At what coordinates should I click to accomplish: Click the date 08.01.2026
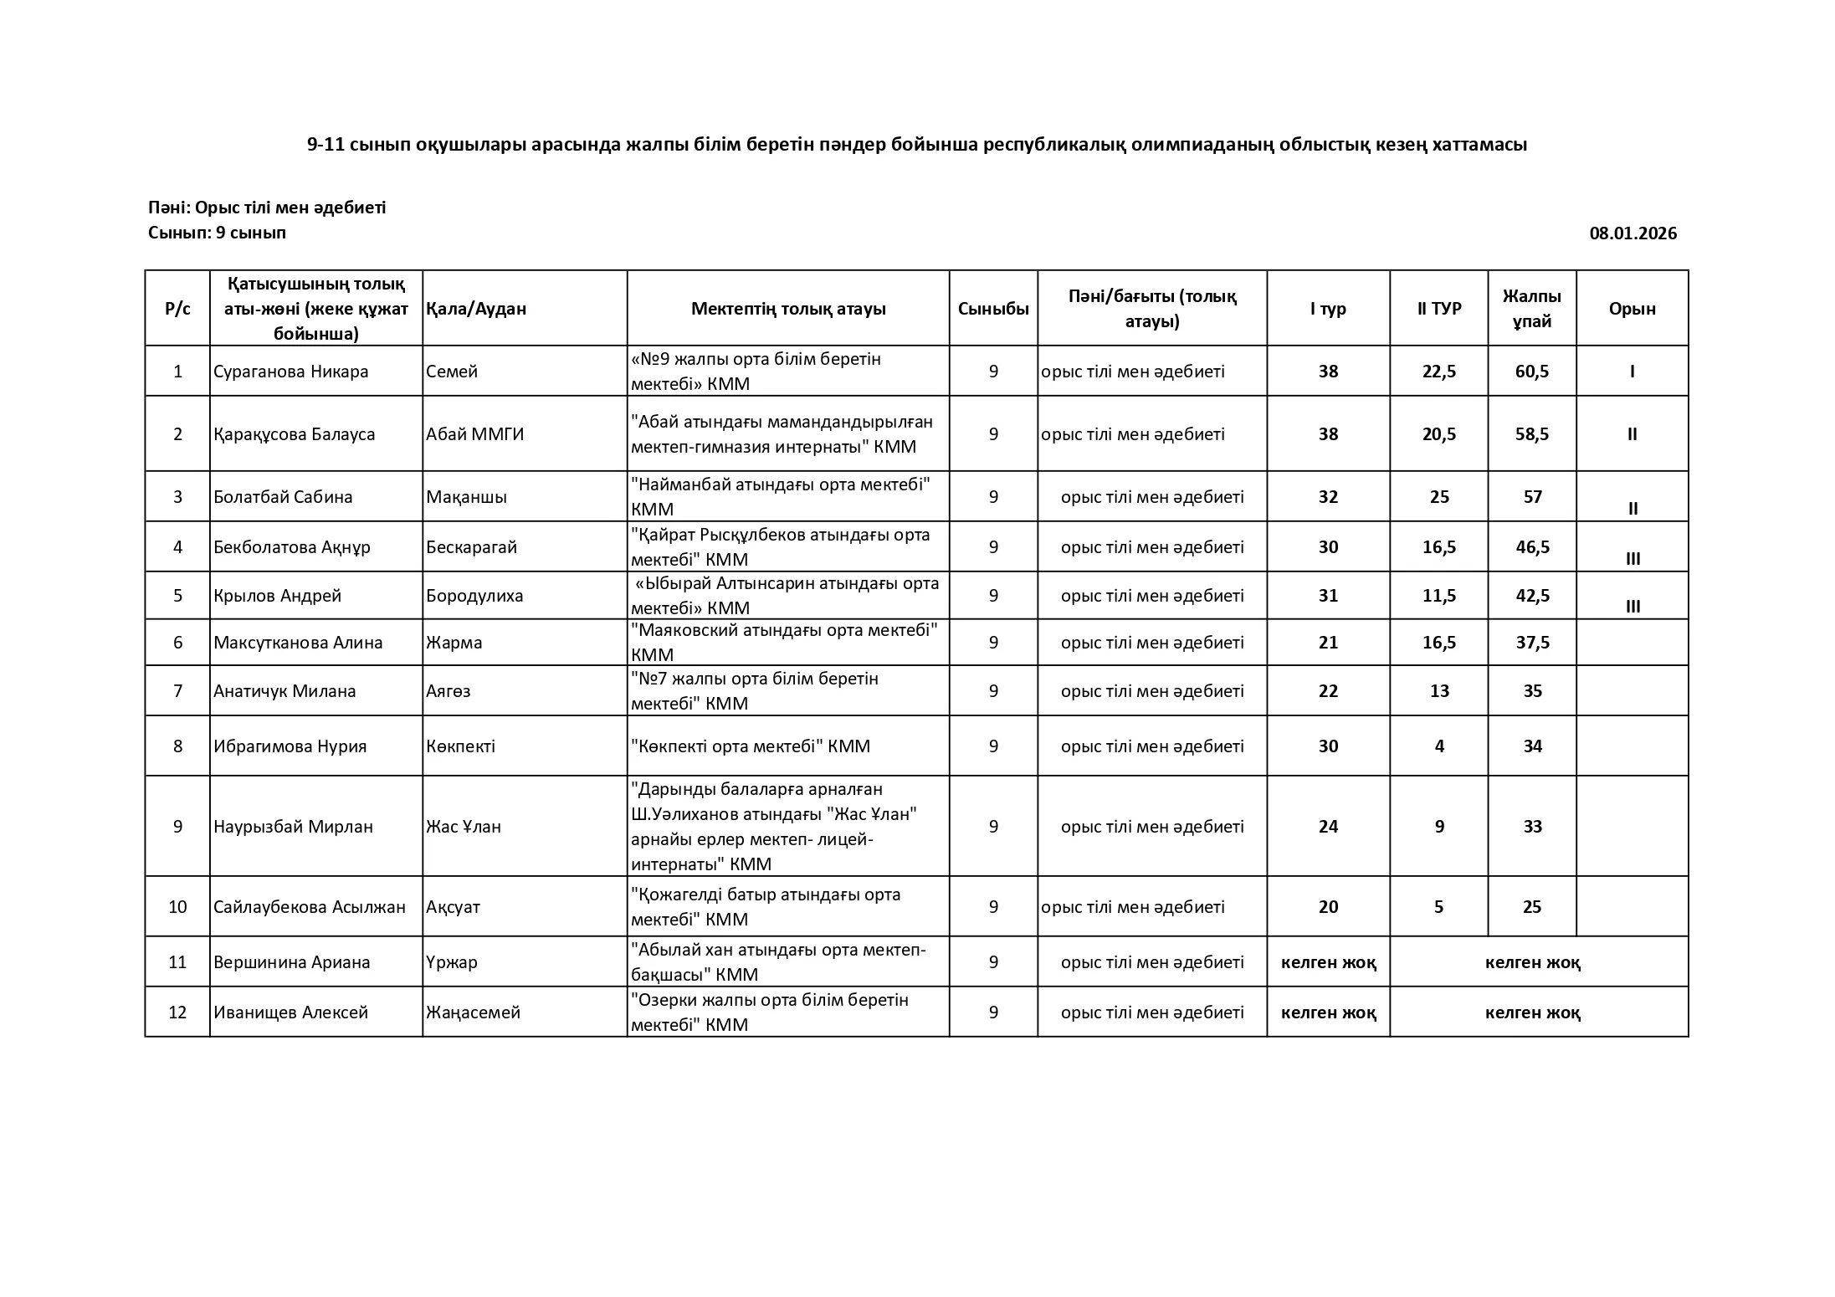pos(1633,233)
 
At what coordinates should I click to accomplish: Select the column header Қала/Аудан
pos(476,309)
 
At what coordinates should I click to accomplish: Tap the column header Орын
pos(1632,309)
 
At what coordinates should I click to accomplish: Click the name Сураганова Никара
pos(290,372)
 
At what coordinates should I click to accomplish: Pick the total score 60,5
pos(1531,372)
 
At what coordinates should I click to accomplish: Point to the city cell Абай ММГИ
pos(474,434)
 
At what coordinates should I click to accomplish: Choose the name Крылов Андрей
pos(277,596)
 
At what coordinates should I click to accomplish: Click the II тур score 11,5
pos(1438,596)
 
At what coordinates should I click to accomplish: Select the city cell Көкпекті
pos(460,746)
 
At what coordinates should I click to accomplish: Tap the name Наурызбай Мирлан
pos(293,827)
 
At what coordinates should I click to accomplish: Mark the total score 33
pos(1532,827)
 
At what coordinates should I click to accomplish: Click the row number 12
pos(177,1012)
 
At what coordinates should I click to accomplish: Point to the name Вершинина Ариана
pos(291,962)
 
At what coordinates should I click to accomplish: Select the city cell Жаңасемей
pos(473,1012)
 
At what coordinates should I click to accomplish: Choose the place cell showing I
pos(1632,372)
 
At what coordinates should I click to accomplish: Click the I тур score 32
pos(1328,497)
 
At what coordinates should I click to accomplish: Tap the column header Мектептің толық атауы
pos(787,309)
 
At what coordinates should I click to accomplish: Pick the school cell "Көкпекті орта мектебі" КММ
pos(750,746)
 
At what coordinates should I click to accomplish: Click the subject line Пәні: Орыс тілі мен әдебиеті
pos(267,208)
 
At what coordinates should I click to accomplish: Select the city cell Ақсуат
pos(453,907)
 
